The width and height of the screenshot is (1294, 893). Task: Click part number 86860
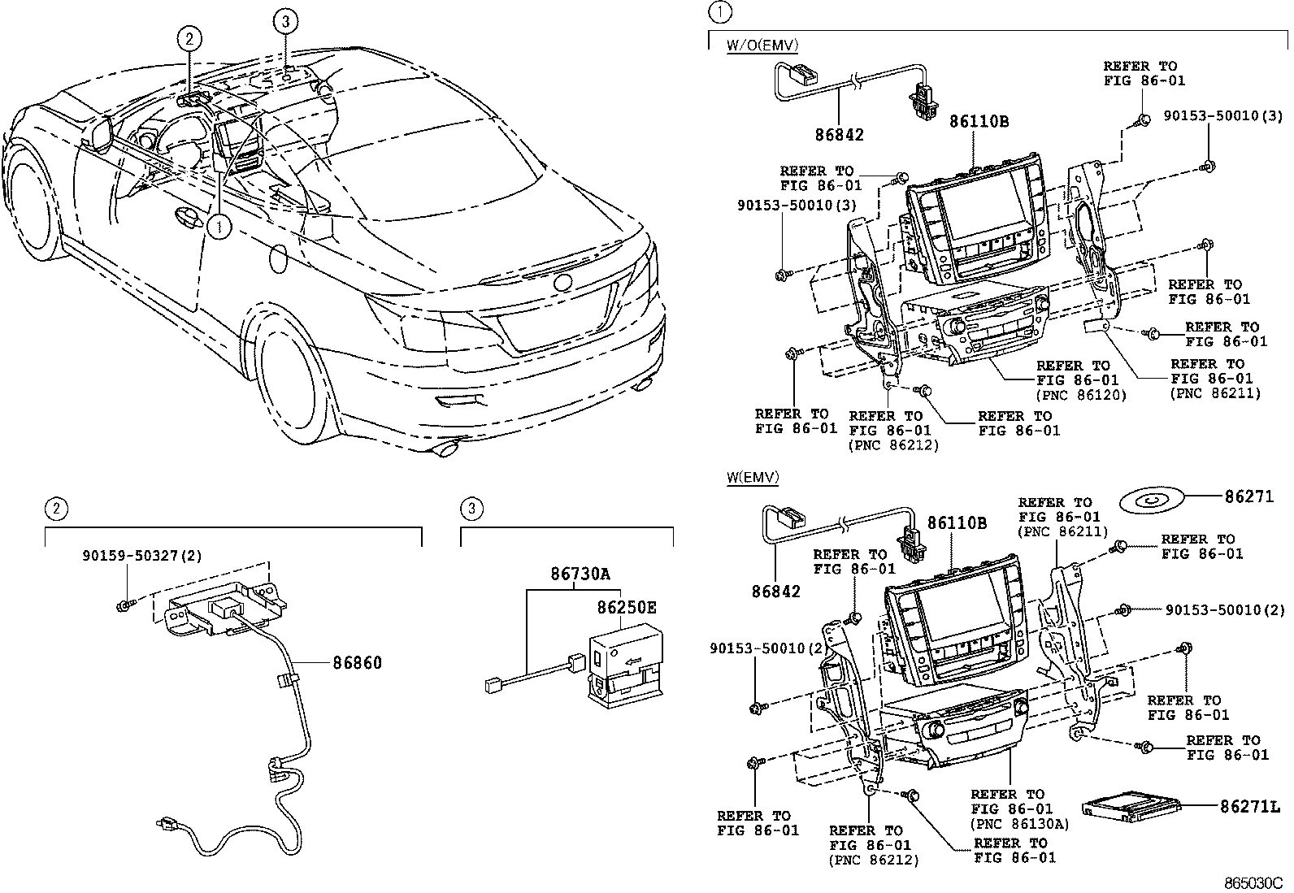click(357, 662)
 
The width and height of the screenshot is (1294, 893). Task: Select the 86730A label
click(580, 574)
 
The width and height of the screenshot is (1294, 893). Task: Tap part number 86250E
click(627, 607)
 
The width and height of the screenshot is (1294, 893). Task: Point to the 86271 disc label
click(1249, 496)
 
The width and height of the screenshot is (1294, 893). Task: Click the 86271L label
click(1250, 806)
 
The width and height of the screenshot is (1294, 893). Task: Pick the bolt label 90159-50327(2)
click(142, 556)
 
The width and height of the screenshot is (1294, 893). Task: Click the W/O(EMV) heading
click(762, 45)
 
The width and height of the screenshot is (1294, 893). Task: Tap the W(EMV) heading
click(753, 477)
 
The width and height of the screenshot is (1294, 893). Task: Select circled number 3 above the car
click(285, 21)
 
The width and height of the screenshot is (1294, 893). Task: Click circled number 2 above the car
click(189, 39)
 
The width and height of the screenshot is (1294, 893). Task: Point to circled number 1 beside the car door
click(219, 227)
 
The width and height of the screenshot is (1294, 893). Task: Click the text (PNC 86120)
click(1081, 395)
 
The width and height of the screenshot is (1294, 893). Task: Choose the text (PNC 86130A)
click(1019, 824)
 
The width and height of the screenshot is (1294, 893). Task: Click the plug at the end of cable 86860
click(167, 822)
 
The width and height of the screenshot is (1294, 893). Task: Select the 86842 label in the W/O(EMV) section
click(840, 135)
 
